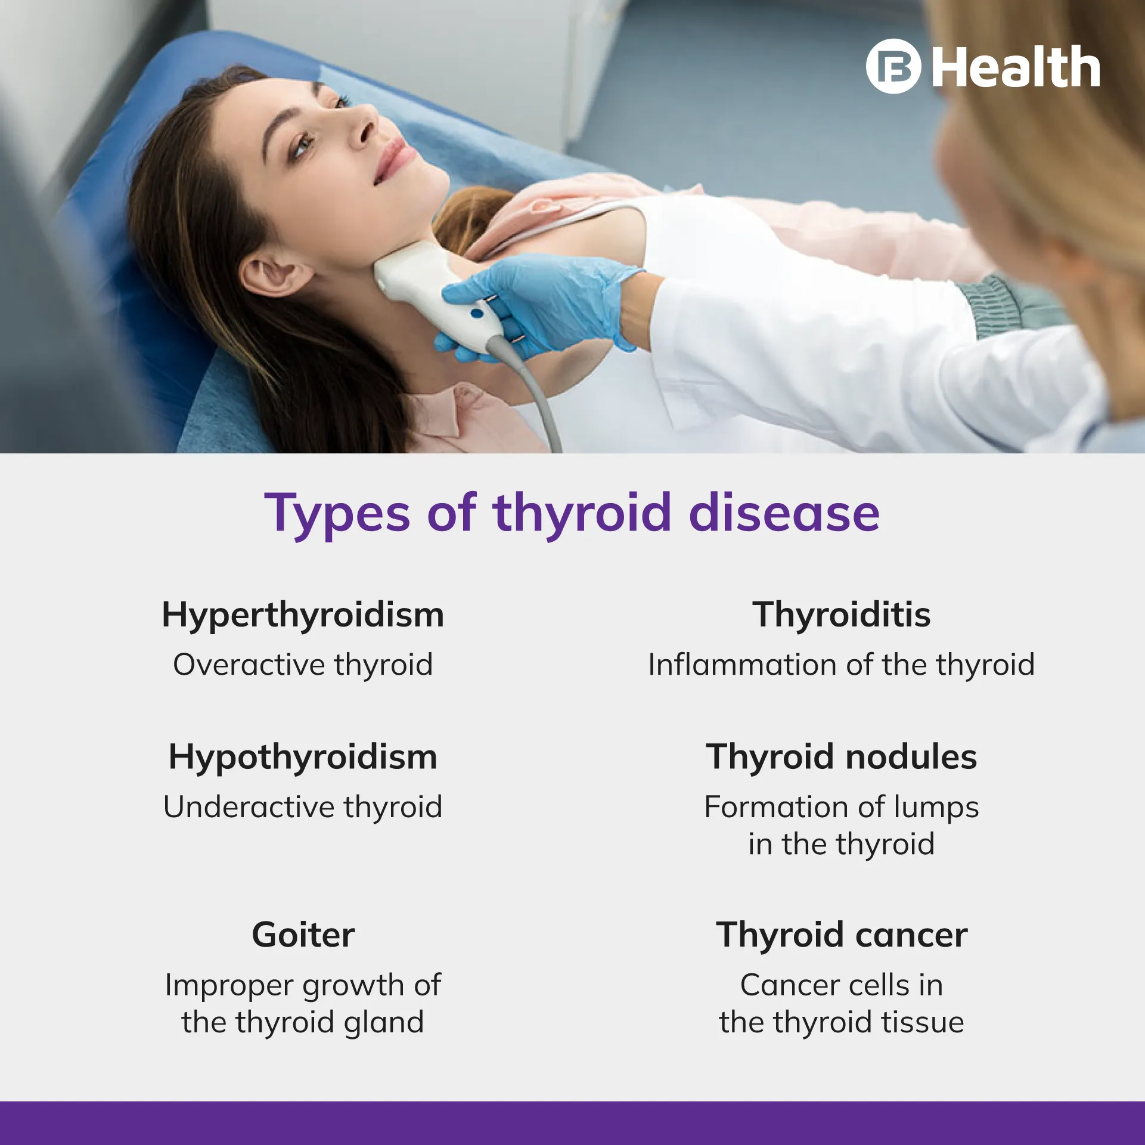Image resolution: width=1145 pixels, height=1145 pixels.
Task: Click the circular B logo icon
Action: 893,66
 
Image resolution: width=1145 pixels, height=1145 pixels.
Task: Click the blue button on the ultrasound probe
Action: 476,313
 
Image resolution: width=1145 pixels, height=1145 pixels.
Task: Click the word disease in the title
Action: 784,513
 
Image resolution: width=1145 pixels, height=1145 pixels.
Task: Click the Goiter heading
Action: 303,935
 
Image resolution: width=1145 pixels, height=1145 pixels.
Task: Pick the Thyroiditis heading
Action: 841,615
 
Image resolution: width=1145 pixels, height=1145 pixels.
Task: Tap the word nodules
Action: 911,757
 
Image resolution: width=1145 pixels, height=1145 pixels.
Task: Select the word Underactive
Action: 249,807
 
